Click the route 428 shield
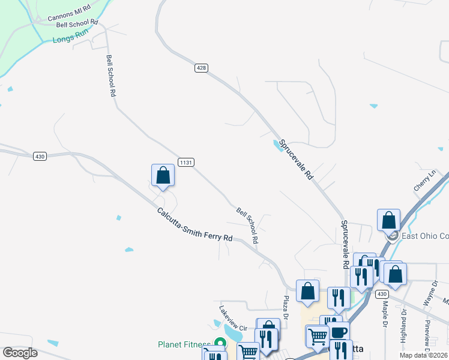tap(201, 68)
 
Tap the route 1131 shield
tap(185, 163)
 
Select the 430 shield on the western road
tap(40, 156)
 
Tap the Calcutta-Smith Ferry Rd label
tap(194, 225)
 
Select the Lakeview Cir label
tap(234, 320)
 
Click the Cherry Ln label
tap(424, 181)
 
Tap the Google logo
tap(20, 353)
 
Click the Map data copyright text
tap(423, 355)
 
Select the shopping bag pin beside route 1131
tap(163, 176)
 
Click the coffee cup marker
tap(339, 332)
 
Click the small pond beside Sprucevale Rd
tap(278, 145)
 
